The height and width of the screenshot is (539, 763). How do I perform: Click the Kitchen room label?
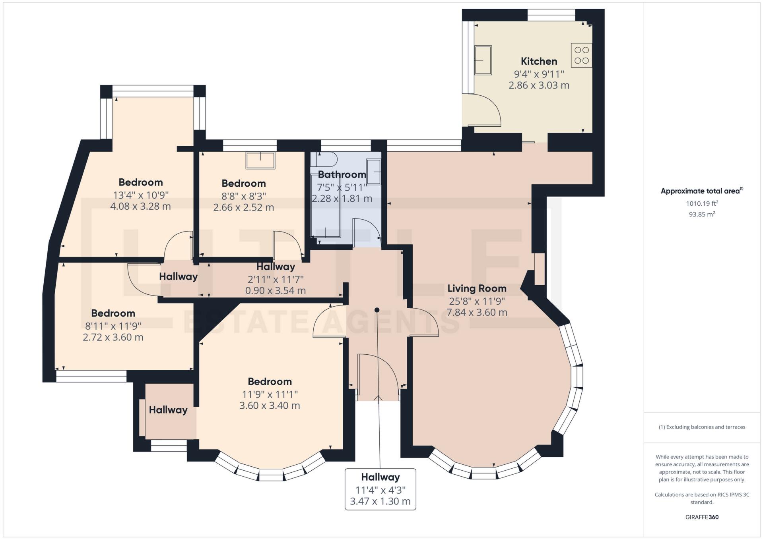[x=539, y=61]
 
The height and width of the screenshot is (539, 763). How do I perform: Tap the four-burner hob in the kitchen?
[x=581, y=55]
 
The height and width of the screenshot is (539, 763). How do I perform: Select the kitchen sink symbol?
[x=483, y=60]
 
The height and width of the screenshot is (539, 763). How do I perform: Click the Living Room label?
[x=477, y=288]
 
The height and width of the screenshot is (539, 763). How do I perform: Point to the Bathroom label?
[x=342, y=174]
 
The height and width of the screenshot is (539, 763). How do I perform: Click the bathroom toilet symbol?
[x=324, y=160]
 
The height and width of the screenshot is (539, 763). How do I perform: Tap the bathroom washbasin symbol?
[x=373, y=172]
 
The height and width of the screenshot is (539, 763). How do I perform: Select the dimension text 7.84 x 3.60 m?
[x=477, y=313]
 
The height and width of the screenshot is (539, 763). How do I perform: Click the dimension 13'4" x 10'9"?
[x=141, y=195]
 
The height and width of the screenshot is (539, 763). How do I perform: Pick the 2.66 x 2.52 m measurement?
[x=244, y=207]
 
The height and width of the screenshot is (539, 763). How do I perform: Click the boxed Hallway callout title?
[x=381, y=477]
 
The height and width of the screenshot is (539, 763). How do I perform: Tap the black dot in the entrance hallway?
[x=377, y=310]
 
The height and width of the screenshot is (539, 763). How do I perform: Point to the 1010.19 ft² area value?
[x=702, y=203]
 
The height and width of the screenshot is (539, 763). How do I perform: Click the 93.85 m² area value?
[x=702, y=214]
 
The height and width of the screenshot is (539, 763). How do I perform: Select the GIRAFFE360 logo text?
[x=702, y=517]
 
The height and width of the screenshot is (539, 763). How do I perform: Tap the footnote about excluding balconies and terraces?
[x=702, y=427]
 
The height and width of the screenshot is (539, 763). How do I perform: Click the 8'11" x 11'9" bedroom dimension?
[x=113, y=326]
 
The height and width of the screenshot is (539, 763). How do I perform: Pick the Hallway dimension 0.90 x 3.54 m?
[x=276, y=291]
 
